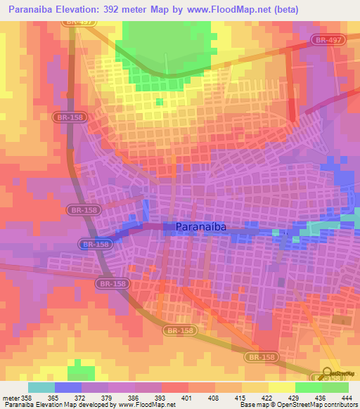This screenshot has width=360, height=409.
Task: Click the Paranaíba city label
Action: click(x=202, y=227)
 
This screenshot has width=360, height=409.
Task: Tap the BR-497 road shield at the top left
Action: click(x=78, y=22)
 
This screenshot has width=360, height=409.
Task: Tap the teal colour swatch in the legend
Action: click(x=41, y=387)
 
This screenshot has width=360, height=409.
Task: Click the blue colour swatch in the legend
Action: click(x=68, y=387)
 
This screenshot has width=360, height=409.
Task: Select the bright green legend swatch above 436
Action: click(x=308, y=387)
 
